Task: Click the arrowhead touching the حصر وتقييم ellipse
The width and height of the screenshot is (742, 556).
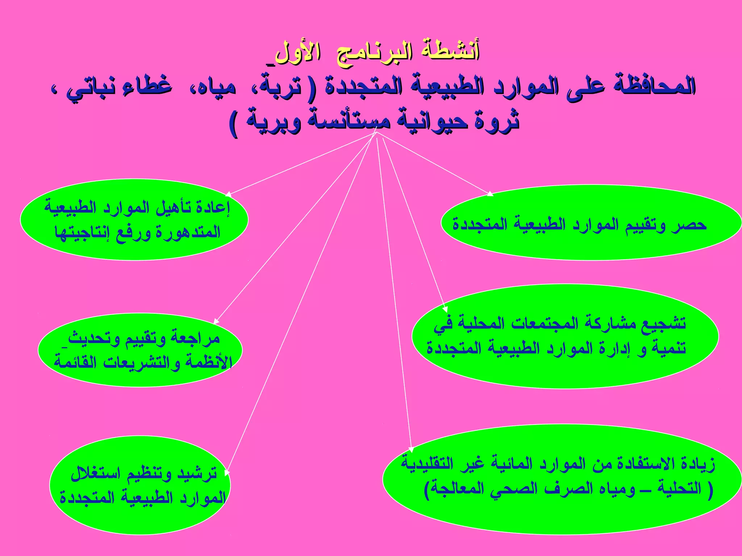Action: pos(490,194)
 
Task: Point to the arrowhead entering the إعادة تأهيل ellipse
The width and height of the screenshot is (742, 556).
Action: pos(229,194)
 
